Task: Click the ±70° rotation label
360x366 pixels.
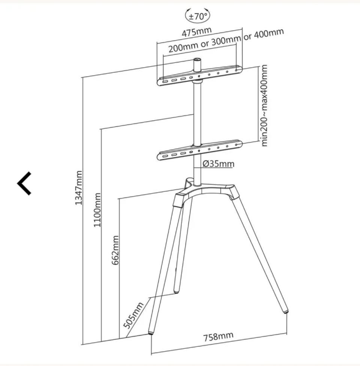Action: click(198, 16)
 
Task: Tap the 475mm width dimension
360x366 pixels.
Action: click(196, 32)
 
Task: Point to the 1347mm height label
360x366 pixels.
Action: click(79, 188)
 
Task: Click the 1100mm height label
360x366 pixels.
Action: click(97, 210)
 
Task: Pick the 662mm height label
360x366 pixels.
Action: click(115, 250)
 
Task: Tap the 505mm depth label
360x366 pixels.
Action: click(133, 315)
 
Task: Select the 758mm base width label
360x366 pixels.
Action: click(218, 336)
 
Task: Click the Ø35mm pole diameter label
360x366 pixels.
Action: click(218, 164)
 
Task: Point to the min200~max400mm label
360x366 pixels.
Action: click(264, 106)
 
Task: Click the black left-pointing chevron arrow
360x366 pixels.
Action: click(24, 183)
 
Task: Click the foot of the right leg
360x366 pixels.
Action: click(285, 311)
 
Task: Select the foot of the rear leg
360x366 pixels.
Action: click(177, 291)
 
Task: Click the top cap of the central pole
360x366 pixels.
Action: click(197, 60)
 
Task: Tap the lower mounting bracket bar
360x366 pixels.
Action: click(199, 150)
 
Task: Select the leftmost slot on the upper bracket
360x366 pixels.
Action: click(165, 82)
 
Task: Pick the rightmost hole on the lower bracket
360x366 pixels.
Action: click(236, 145)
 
